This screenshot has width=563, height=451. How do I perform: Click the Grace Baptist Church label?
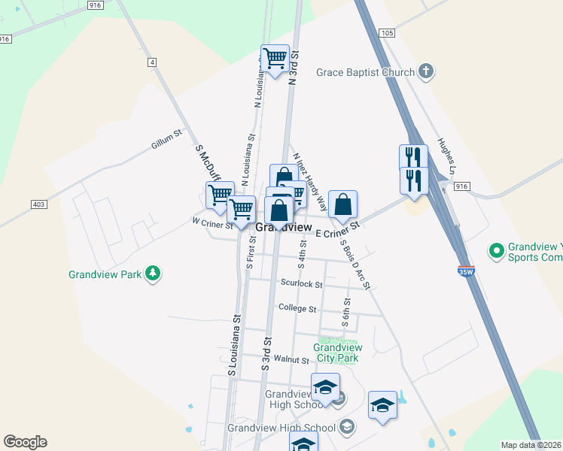[365, 72]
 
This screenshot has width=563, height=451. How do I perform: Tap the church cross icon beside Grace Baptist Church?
[426, 72]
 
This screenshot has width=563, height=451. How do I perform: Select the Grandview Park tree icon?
[153, 274]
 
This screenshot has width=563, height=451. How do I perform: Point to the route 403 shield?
[39, 204]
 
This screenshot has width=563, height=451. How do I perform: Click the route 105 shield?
[387, 33]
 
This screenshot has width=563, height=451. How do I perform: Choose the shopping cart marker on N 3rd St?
[275, 58]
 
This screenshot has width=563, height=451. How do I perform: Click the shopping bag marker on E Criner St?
[342, 204]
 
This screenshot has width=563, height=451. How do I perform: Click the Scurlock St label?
[301, 284]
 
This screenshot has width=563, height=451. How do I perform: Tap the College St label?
[297, 308]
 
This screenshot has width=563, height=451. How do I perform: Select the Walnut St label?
[292, 360]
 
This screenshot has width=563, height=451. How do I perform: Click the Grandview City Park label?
[336, 353]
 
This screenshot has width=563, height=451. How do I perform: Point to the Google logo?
[25, 442]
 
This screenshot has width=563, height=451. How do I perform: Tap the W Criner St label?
[214, 222]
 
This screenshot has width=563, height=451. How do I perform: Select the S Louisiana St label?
[234, 346]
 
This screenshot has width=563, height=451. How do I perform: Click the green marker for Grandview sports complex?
[496, 250]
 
